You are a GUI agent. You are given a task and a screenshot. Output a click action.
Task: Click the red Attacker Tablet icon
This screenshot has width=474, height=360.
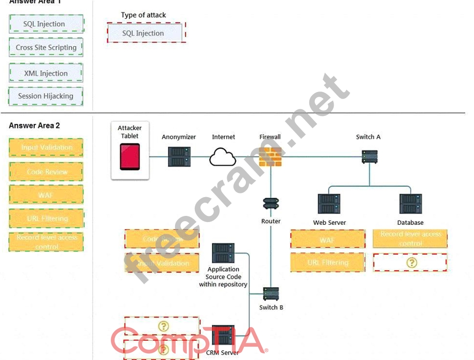[x=130, y=157]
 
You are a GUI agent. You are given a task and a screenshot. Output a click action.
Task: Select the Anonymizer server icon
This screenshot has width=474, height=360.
[x=179, y=157]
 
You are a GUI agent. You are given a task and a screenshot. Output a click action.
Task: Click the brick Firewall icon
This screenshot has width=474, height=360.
[x=270, y=157]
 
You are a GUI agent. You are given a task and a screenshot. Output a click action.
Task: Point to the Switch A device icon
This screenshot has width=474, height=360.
[x=369, y=157]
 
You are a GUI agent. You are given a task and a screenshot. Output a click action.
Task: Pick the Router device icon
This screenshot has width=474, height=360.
[x=271, y=204]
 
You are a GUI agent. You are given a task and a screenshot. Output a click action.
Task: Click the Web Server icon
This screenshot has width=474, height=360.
[x=329, y=204]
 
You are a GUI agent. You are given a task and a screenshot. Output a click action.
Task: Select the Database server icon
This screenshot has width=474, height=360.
[x=410, y=204]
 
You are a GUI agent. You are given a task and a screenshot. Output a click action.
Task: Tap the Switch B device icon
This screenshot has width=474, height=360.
[x=271, y=294]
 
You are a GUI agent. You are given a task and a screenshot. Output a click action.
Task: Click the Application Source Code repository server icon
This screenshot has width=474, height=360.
[x=223, y=253]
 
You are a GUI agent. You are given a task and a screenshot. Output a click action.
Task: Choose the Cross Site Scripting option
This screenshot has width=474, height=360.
[x=46, y=47]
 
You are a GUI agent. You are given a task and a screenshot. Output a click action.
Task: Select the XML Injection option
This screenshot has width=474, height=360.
[x=46, y=73]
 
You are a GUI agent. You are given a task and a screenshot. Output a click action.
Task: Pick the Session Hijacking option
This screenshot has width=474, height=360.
[x=46, y=96]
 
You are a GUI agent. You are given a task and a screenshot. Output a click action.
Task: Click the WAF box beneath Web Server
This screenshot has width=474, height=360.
[x=328, y=239]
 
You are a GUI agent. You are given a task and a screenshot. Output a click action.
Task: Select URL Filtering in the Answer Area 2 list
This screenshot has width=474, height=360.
[x=47, y=218]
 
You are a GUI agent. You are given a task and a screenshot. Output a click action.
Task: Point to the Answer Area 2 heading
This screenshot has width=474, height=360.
[x=34, y=125]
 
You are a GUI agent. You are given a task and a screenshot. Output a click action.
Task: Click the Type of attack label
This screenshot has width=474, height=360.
[x=144, y=15]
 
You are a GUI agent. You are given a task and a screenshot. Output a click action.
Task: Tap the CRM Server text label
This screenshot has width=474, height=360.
[x=222, y=352]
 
